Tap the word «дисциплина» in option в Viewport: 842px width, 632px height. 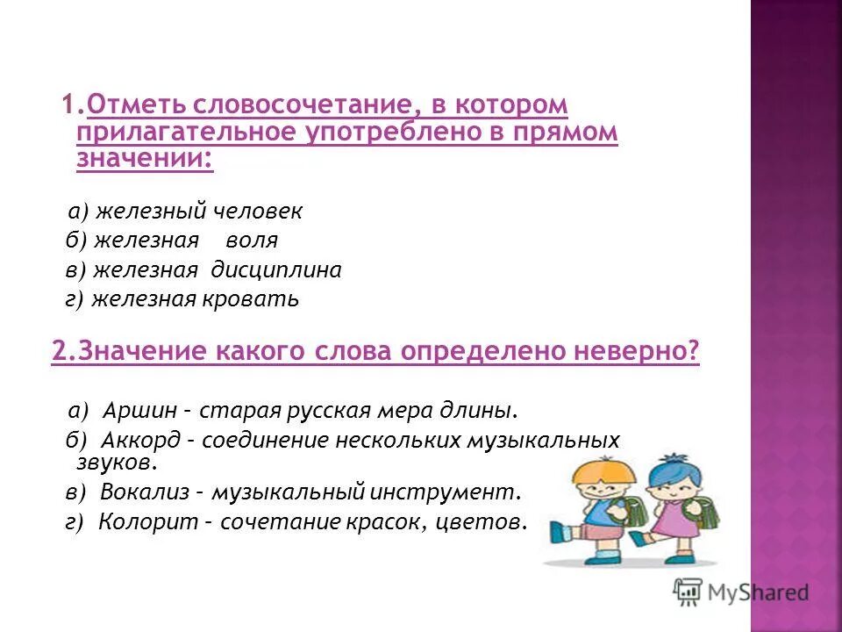click(x=278, y=269)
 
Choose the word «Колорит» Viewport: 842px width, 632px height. click(x=139, y=522)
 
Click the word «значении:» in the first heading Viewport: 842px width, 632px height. click(x=145, y=158)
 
